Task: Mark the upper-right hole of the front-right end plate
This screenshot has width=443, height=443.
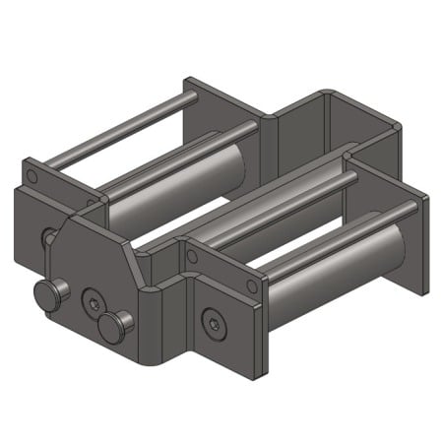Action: coord(252,285)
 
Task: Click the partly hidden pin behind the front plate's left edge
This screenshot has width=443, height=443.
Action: coord(47,237)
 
